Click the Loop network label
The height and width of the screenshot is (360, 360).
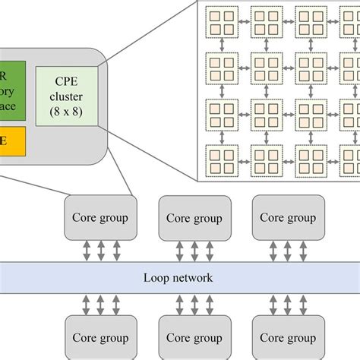178,278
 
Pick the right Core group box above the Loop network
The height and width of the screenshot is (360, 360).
288,217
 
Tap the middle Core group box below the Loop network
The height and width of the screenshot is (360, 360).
194,339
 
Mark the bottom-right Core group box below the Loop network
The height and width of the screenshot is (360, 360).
288,339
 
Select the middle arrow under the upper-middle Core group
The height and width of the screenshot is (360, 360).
194,249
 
